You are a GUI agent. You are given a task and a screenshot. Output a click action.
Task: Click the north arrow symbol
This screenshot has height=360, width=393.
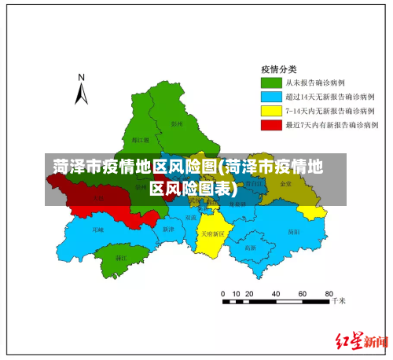[x=81, y=94]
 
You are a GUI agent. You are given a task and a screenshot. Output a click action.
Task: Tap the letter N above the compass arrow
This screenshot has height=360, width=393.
[x=81, y=78]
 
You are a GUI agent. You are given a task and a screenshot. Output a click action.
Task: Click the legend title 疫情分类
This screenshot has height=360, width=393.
[x=278, y=68]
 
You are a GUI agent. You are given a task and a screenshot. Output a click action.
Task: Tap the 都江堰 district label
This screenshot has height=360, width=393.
[x=141, y=140]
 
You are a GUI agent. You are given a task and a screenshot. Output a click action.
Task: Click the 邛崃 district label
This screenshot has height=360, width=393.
[x=97, y=230]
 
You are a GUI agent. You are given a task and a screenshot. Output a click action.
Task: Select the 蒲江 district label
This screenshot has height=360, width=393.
[x=121, y=258]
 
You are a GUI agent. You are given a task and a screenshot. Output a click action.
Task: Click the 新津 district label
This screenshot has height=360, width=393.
[x=167, y=230]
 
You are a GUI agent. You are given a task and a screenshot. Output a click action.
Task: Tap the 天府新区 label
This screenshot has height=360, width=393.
[x=212, y=233]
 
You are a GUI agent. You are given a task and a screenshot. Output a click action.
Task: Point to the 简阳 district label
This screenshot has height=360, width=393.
[x=293, y=232]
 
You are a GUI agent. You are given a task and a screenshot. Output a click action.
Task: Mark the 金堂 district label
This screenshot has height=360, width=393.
[x=285, y=183]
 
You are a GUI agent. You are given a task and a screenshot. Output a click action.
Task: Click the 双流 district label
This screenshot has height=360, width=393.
[x=191, y=217]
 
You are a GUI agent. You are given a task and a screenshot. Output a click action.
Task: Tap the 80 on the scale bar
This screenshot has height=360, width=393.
[x=323, y=293]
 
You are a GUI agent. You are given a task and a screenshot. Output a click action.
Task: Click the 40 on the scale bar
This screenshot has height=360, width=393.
[x=274, y=293]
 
